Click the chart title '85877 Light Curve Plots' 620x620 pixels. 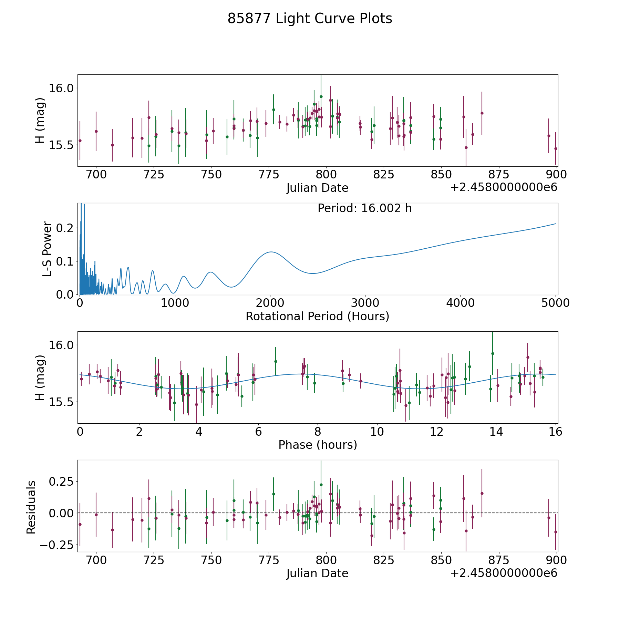(x=310, y=19)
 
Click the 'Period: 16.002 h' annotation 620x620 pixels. (x=364, y=208)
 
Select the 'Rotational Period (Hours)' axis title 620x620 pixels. (x=317, y=316)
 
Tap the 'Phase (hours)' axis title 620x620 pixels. (x=318, y=445)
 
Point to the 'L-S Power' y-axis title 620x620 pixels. (x=47, y=249)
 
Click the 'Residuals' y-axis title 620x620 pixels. (x=31, y=507)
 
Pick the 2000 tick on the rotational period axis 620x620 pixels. (x=270, y=303)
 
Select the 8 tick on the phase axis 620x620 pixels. (x=318, y=432)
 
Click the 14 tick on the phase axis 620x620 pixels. (x=496, y=432)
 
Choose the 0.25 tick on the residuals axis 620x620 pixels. (x=61, y=481)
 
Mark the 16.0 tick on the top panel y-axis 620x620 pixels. (x=61, y=88)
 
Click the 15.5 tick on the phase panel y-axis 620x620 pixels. (x=61, y=402)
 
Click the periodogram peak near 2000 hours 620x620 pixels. (x=271, y=252)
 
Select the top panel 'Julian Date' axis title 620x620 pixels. (x=317, y=188)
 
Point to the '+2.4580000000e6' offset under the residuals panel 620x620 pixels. (x=504, y=573)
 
